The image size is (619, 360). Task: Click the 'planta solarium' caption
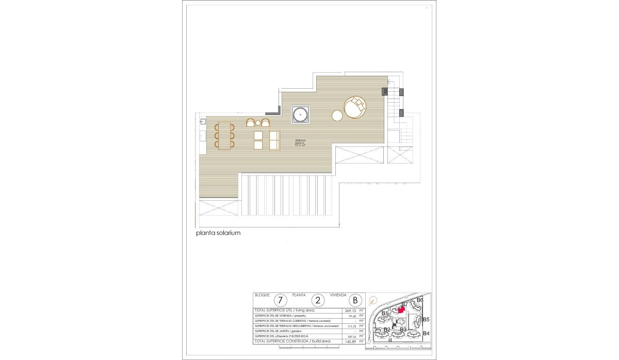tap(218, 233)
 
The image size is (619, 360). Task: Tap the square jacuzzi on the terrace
tap(300, 114)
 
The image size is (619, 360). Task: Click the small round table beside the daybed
tap(337, 116)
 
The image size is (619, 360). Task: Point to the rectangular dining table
tap(224, 136)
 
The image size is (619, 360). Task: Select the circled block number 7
tap(280, 300)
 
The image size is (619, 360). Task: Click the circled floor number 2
tap(318, 300)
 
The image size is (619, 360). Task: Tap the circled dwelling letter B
tap(355, 300)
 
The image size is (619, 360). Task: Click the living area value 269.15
tap(351, 311)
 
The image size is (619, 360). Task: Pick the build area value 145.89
tap(351, 341)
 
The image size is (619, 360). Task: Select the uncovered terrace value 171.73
tap(351, 326)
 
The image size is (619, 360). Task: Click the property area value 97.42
tap(351, 316)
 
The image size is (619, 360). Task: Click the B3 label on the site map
tap(403, 330)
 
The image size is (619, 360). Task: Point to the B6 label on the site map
tap(420, 300)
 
